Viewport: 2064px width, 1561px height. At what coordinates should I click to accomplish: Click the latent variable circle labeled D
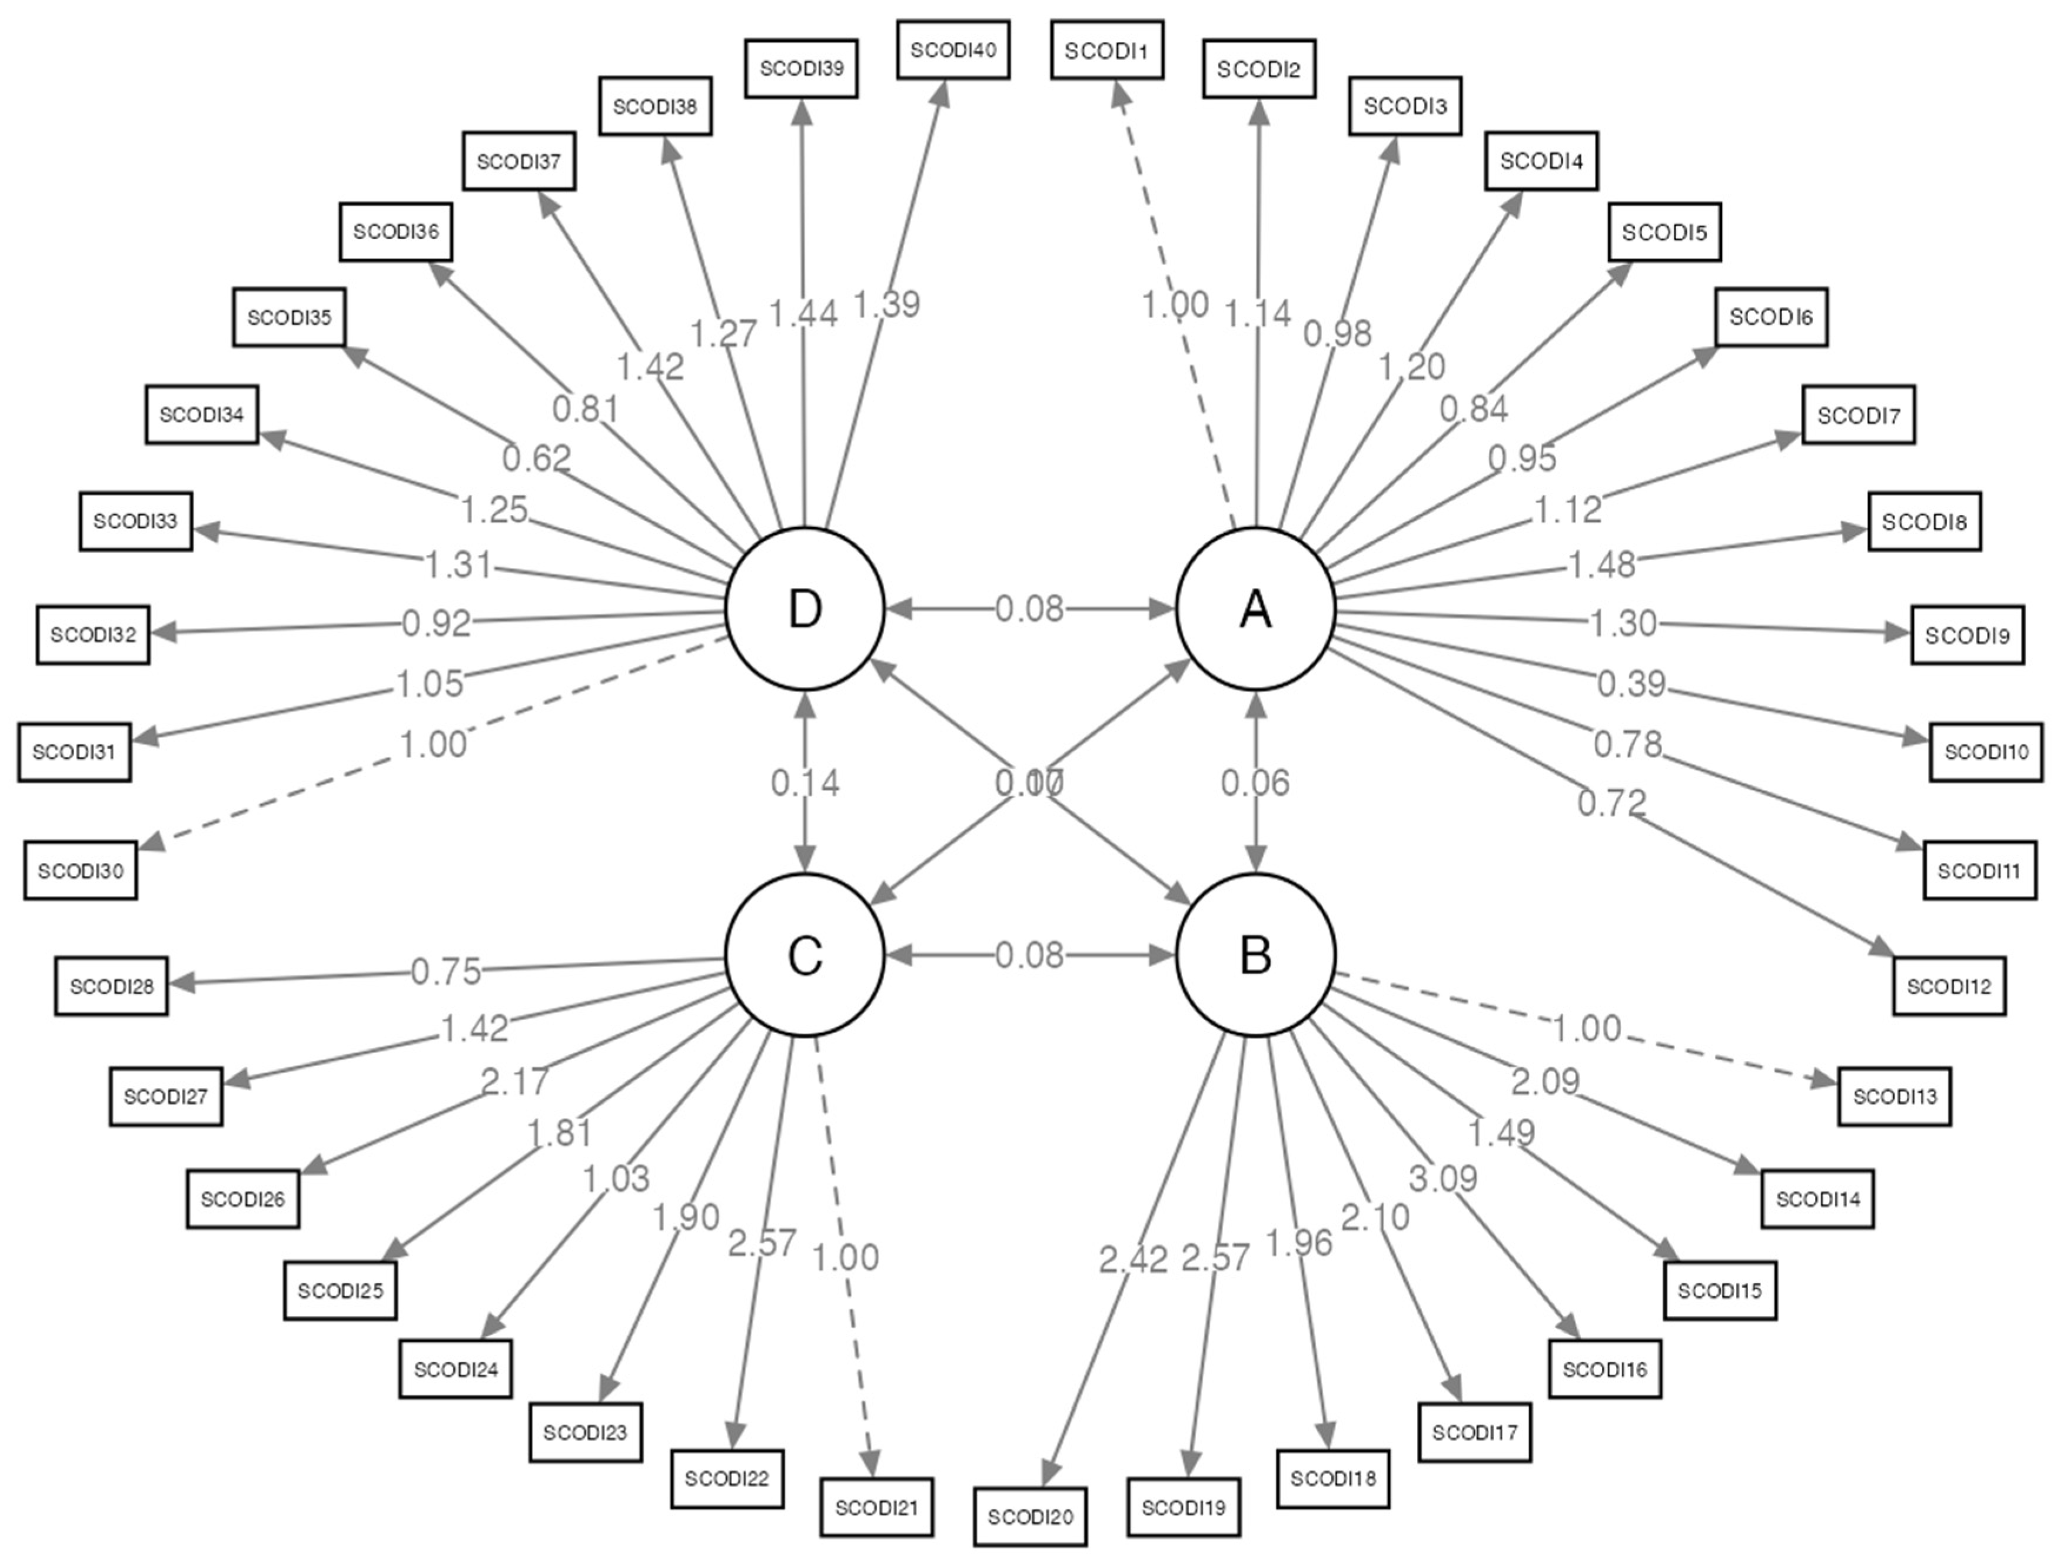[805, 609]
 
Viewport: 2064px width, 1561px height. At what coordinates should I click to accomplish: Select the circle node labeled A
[1255, 609]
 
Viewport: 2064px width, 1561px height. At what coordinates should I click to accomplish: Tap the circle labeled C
[805, 955]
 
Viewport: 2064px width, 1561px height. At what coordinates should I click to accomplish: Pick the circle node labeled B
[1255, 955]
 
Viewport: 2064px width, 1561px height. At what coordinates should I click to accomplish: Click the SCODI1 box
[1106, 51]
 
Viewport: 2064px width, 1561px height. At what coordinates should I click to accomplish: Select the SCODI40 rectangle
[953, 51]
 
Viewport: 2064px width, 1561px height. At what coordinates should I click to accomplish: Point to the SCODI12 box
[1949, 987]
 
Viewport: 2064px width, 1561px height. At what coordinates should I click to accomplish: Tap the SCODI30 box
[80, 871]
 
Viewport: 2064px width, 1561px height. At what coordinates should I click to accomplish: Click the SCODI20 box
[1030, 1516]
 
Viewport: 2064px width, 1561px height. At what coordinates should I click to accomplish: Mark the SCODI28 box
[111, 987]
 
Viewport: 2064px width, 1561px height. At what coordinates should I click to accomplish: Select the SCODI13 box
[1894, 1097]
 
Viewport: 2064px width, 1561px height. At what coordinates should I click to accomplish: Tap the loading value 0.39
[1631, 684]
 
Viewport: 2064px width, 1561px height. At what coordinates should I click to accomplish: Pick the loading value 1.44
[802, 314]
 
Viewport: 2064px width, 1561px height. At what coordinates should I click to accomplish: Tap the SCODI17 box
[1474, 1432]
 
